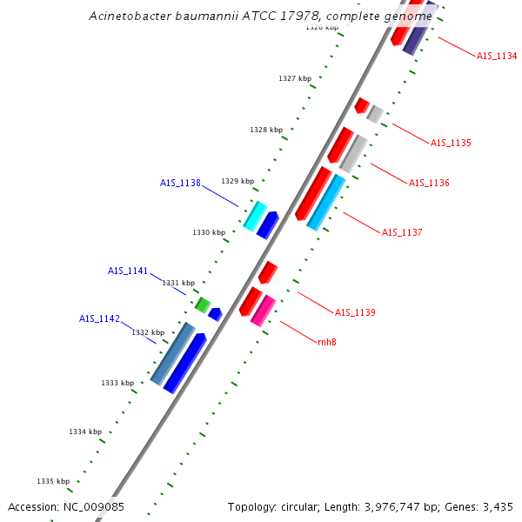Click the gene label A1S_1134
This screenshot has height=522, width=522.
(497, 56)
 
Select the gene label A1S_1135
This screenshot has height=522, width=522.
(451, 143)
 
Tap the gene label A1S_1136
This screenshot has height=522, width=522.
(429, 183)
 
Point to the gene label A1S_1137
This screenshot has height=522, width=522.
(402, 232)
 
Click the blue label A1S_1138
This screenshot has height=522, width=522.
(180, 184)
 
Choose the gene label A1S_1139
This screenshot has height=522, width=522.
(355, 312)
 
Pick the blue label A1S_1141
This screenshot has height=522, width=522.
(128, 271)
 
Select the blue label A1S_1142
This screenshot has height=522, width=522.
(99, 318)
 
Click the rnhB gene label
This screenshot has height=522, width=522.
(327, 342)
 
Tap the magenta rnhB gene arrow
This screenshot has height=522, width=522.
(263, 311)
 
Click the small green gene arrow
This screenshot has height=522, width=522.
(202, 304)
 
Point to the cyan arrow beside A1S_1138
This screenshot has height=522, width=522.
(255, 216)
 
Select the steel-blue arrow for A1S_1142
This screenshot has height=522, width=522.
(171, 353)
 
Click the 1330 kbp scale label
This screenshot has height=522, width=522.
(209, 232)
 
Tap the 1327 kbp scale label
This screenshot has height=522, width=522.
(295, 78)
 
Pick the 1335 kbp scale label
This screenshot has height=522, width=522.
(53, 481)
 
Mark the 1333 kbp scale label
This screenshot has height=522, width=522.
(117, 383)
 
